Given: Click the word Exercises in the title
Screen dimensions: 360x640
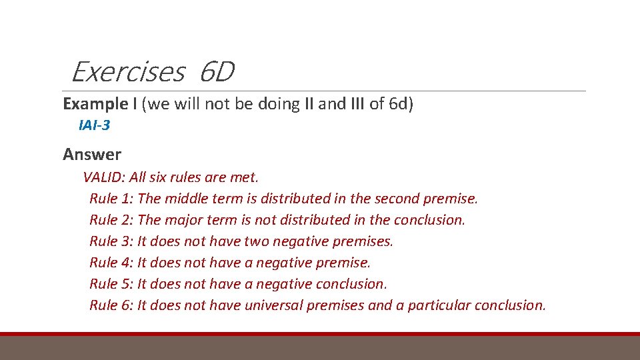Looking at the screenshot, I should point(127,72).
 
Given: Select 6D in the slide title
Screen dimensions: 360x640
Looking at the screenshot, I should point(216,72).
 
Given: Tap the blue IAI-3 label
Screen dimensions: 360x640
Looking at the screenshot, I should point(94,125).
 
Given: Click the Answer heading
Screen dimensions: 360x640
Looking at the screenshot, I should point(92,155).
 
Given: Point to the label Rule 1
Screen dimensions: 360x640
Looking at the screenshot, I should point(111,199).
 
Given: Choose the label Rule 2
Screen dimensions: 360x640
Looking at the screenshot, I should point(111,220).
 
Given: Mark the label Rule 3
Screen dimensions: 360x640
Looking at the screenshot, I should point(111,241).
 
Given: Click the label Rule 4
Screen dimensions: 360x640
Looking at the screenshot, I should point(111,263).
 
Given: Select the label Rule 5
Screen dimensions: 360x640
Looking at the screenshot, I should point(111,284).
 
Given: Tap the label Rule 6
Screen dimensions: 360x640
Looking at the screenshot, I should point(111,305).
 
